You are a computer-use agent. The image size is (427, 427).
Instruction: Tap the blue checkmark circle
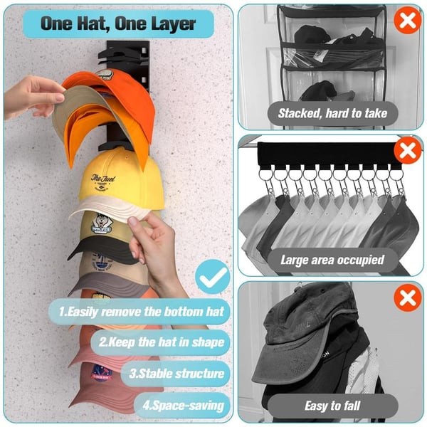pyautogui.click(x=212, y=278)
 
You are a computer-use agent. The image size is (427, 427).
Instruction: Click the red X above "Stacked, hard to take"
pyautogui.click(x=407, y=21)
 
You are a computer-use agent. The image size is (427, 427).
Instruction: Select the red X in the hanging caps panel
pyautogui.click(x=407, y=151)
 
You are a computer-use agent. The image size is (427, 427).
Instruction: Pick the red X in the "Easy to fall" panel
pyautogui.click(x=407, y=297)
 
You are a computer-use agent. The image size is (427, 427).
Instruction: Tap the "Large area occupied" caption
pyautogui.click(x=332, y=260)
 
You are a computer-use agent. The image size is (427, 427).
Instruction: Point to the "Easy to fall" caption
pyautogui.click(x=332, y=406)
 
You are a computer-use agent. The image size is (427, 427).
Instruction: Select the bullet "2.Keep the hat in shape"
pyautogui.click(x=162, y=342)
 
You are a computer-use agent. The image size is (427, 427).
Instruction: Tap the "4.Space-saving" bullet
pyautogui.click(x=185, y=406)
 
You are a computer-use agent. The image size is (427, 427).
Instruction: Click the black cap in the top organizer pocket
pyautogui.click(x=313, y=36)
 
